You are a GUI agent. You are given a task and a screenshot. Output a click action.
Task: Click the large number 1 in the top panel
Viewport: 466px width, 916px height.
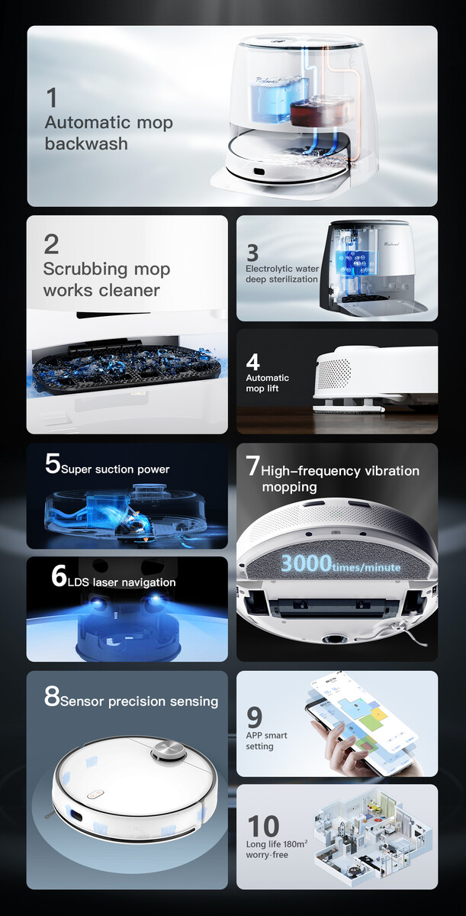pos(51,98)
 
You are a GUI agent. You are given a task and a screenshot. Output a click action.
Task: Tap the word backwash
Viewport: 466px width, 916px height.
pos(86,144)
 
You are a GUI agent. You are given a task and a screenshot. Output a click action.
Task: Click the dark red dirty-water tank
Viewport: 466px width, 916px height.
pos(317,110)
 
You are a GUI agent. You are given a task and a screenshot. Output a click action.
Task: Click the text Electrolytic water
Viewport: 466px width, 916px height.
pos(281,269)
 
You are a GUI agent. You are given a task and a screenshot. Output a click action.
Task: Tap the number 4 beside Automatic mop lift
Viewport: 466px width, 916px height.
pos(252,362)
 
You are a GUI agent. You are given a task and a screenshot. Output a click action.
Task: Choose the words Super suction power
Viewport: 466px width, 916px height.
pos(115,469)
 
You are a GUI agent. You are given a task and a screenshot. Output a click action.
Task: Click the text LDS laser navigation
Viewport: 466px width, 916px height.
pos(122,582)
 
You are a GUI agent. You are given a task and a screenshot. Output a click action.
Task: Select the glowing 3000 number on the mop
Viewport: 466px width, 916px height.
pos(307,563)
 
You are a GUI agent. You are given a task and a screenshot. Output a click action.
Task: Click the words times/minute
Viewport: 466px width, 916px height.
pos(366,567)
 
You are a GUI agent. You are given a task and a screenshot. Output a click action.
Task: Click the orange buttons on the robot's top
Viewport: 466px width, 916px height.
pos(95,794)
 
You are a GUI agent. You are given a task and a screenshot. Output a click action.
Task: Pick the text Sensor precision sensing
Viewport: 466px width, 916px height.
pos(140,702)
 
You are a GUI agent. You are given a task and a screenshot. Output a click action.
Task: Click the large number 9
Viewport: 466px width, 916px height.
pos(254,718)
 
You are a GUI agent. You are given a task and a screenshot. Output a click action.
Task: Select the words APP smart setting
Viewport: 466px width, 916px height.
pos(266,740)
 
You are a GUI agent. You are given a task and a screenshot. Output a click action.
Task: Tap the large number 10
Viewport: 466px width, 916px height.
pos(263,826)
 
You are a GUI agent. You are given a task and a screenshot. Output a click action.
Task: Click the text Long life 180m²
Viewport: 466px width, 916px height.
pos(277,843)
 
